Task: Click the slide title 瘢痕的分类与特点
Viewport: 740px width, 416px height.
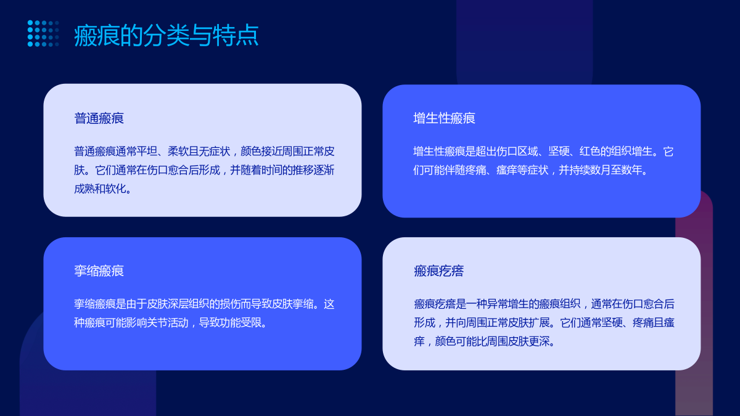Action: click(x=166, y=35)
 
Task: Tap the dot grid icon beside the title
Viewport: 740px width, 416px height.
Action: click(x=43, y=33)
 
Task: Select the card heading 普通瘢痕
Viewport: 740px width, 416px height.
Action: click(x=99, y=118)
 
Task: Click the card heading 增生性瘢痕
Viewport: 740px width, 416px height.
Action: click(x=444, y=118)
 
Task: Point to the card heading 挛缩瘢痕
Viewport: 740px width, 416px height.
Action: click(x=99, y=271)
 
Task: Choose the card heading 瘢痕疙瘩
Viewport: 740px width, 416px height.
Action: click(x=438, y=271)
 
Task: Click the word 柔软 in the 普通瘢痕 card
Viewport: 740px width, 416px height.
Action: click(x=178, y=151)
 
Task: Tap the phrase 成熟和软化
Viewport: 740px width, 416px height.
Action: click(x=100, y=189)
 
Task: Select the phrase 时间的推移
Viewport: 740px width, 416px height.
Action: click(x=287, y=170)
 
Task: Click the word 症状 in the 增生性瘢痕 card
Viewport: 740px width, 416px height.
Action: click(x=538, y=170)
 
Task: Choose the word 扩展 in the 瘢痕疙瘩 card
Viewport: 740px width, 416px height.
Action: click(x=539, y=322)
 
